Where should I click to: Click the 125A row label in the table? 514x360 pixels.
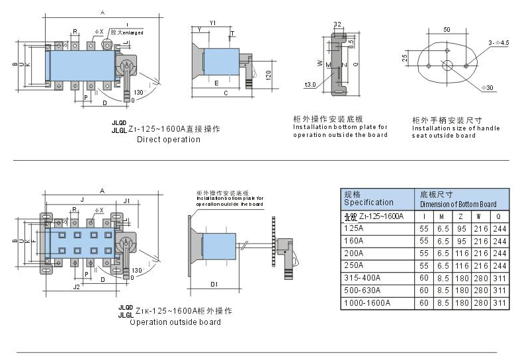pos(354,228)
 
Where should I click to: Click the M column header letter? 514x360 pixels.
pos(443,216)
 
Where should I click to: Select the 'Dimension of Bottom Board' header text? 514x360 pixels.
pos(458,204)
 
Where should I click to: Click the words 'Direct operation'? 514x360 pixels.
pos(168,140)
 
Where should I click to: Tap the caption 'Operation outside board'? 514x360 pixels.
pos(175,322)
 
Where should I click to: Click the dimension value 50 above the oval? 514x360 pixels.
pos(447,30)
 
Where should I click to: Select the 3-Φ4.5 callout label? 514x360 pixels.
pos(498,42)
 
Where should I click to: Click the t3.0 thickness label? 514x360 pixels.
pos(310,85)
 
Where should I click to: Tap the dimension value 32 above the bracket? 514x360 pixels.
pos(337,24)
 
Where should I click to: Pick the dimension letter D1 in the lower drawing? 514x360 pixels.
pos(214,284)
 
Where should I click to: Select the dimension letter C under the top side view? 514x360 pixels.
pos(226,93)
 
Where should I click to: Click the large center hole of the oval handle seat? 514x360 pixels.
pos(447,65)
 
